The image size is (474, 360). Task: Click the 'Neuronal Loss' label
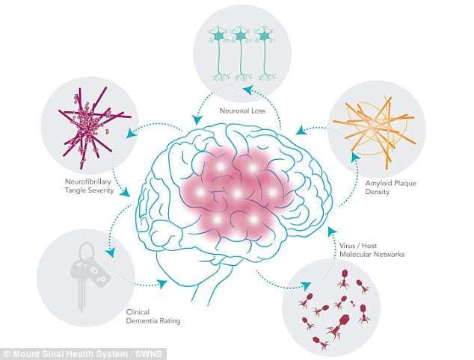242,111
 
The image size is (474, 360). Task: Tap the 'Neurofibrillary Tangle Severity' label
89,186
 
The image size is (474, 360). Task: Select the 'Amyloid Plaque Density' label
390,187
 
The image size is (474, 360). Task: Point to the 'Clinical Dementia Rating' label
153,317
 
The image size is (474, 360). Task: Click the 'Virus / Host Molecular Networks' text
372,250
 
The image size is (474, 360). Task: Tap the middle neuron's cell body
241,36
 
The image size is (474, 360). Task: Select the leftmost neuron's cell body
218,36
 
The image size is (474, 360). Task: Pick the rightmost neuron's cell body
265,36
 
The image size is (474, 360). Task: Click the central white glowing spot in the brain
238,193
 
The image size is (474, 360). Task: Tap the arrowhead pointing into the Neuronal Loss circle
249,90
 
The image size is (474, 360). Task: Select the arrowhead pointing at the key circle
111,252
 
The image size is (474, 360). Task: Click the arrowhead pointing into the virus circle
306,285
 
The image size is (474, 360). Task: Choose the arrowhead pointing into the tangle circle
131,133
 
